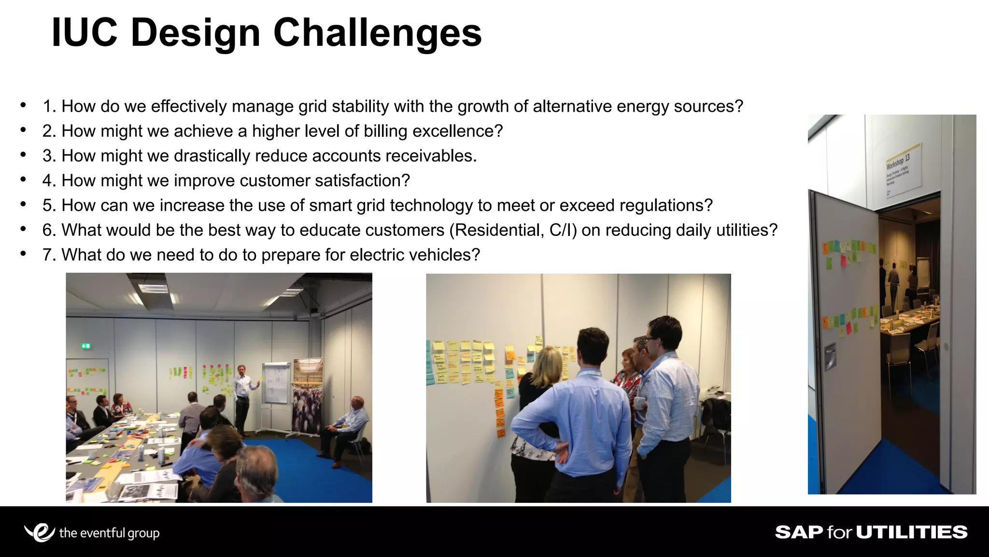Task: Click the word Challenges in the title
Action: point(377,33)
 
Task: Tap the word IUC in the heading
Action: point(85,33)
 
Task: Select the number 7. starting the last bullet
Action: point(50,255)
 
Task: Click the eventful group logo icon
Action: point(40,532)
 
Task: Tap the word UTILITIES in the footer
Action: point(912,532)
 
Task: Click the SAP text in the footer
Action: point(799,532)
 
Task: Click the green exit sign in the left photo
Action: point(86,346)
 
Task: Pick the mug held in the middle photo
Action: point(638,402)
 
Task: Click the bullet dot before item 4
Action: point(23,180)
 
